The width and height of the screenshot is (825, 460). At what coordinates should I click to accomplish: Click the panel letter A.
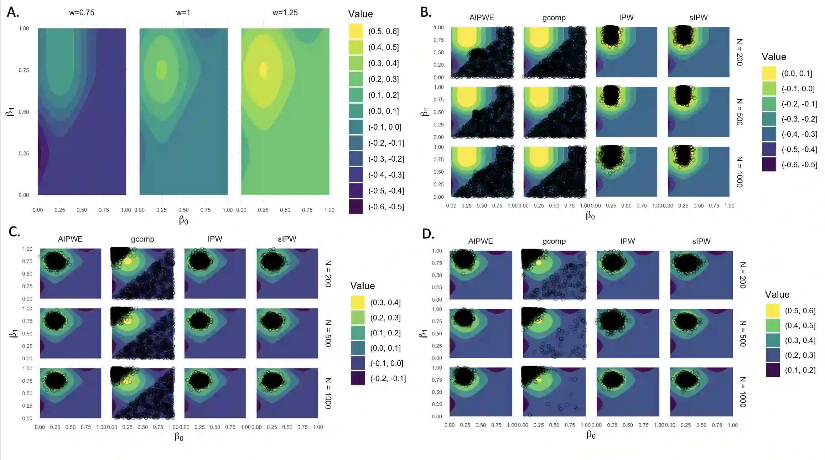[13, 12]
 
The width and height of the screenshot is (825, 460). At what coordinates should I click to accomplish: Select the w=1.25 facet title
[285, 12]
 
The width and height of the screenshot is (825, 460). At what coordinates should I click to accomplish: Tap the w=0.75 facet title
[82, 12]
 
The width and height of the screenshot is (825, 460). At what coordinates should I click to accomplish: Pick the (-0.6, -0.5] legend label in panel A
[386, 207]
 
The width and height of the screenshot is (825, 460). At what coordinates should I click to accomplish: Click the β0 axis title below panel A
[183, 221]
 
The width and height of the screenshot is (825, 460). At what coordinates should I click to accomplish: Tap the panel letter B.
[426, 12]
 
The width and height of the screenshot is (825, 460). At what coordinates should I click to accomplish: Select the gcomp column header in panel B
[554, 18]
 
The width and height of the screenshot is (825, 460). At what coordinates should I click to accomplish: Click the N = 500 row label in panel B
[740, 112]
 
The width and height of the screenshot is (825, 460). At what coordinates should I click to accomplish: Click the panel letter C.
[14, 232]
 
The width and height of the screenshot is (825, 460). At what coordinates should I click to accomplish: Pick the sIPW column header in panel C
[287, 239]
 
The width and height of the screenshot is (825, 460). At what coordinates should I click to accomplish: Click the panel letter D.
[428, 234]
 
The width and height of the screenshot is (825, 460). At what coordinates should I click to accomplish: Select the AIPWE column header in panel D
[481, 241]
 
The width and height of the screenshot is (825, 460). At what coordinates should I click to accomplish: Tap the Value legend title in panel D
[777, 294]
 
